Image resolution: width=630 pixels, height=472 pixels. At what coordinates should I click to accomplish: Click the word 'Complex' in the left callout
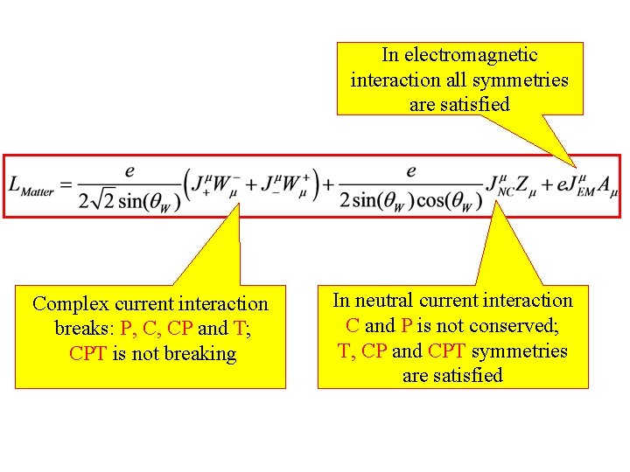[x=70, y=304]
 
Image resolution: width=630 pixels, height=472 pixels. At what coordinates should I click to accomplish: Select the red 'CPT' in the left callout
[x=88, y=354]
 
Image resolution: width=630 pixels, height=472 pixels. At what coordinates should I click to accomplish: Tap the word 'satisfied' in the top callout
[x=472, y=104]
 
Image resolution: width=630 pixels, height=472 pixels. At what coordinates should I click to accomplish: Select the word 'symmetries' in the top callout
[x=523, y=80]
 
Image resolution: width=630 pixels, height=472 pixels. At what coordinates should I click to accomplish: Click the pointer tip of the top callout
[x=576, y=166]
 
